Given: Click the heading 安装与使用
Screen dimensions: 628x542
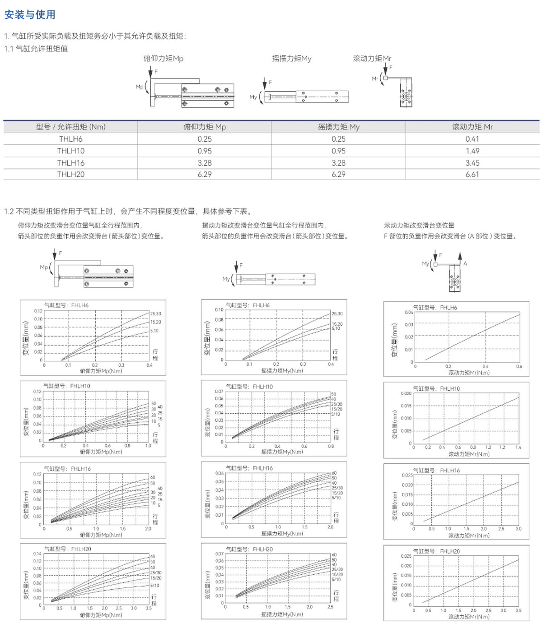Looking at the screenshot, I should (x=30, y=15).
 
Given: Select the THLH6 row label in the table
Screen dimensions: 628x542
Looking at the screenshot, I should (x=70, y=139).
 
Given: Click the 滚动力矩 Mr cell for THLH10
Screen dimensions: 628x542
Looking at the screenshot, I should (x=472, y=151).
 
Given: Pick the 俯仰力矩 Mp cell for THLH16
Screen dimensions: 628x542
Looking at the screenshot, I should (x=204, y=163).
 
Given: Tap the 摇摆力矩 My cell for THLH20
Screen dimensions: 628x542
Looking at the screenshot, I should (x=338, y=174).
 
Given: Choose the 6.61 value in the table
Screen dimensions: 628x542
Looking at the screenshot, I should (x=472, y=174).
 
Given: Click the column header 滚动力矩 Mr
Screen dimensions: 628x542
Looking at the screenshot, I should (x=472, y=127).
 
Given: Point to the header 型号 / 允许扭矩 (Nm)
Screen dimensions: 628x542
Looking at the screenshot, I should (x=70, y=127).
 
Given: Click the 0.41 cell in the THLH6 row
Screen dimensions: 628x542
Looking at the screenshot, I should (x=472, y=139).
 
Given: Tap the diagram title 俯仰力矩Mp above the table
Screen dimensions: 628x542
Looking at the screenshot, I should (x=164, y=59).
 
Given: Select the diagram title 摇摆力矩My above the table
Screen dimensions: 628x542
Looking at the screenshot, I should (x=291, y=59).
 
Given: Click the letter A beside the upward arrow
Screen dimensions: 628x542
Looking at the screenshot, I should (x=465, y=263).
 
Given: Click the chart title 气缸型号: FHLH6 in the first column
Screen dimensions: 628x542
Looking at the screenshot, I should (x=66, y=305).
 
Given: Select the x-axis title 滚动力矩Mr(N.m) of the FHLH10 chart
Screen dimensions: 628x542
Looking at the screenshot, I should (x=468, y=454).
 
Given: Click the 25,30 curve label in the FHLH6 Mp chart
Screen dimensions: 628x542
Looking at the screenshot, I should (x=155, y=314).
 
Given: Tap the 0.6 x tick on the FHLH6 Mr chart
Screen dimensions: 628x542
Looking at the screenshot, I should (x=519, y=367).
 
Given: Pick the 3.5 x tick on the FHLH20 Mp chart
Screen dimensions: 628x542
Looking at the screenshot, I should (x=149, y=608).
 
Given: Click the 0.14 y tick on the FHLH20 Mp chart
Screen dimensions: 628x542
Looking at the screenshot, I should (x=37, y=554).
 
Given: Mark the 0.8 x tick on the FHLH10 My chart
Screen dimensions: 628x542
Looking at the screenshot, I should (x=331, y=446).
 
